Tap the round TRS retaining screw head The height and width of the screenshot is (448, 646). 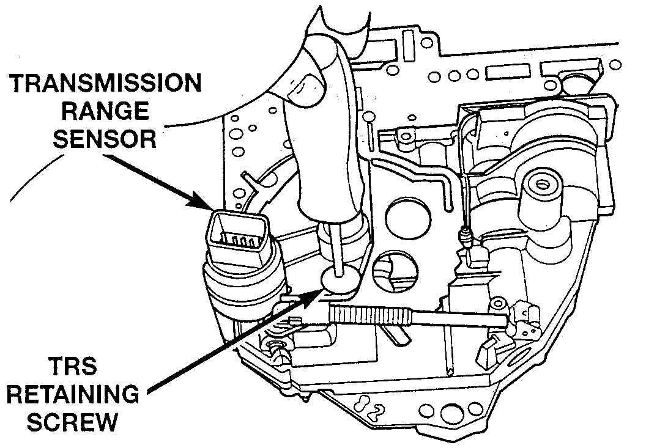[x=338, y=280]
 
